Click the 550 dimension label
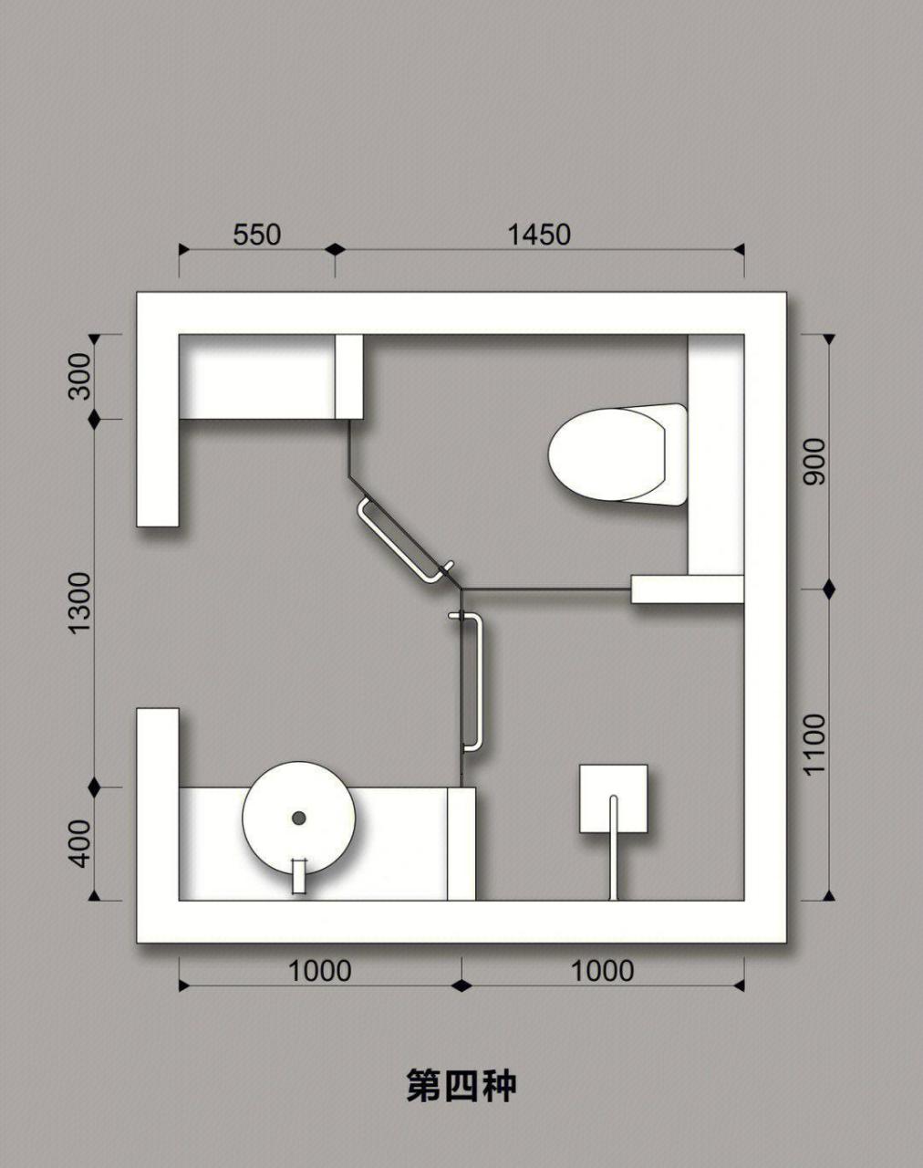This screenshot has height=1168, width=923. pyautogui.click(x=257, y=235)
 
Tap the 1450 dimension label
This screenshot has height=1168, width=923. pyautogui.click(x=539, y=235)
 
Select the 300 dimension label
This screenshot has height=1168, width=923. pyautogui.click(x=80, y=376)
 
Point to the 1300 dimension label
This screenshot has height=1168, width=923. pyautogui.click(x=80, y=602)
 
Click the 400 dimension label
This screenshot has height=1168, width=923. pyautogui.click(x=80, y=843)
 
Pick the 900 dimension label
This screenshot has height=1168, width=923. pyautogui.click(x=814, y=462)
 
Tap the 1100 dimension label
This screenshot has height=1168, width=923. pyautogui.click(x=814, y=745)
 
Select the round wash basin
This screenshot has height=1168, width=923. pyautogui.click(x=298, y=818)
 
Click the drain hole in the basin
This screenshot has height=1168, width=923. pyautogui.click(x=298, y=818)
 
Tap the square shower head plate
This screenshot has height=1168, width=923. pyautogui.click(x=614, y=798)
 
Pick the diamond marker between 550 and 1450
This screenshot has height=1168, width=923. pyautogui.click(x=335, y=249)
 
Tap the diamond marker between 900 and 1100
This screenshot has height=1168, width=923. pyautogui.click(x=828, y=588)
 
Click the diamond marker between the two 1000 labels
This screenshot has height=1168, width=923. pyautogui.click(x=461, y=986)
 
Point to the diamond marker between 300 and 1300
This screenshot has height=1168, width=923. pyautogui.click(x=95, y=420)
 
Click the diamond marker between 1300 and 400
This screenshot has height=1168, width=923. pyautogui.click(x=95, y=787)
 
